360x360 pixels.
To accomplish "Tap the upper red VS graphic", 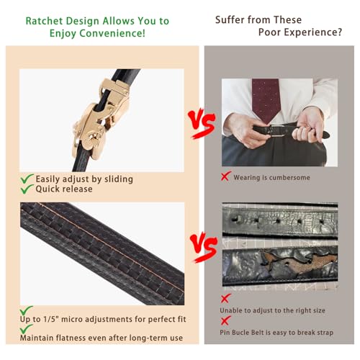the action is point(202,124).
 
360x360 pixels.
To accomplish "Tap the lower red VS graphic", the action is point(204,247).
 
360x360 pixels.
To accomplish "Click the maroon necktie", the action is point(266,99).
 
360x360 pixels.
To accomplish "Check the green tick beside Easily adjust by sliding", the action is point(27,179).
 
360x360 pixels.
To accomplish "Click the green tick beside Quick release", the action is point(27,189).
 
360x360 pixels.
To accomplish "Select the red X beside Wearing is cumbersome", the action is point(225,176).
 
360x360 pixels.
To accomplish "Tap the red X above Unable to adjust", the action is point(225,298).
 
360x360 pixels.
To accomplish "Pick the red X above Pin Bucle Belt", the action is point(225,320).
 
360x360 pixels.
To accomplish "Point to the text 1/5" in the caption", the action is point(51,319).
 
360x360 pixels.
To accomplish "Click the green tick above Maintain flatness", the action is point(26,329).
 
